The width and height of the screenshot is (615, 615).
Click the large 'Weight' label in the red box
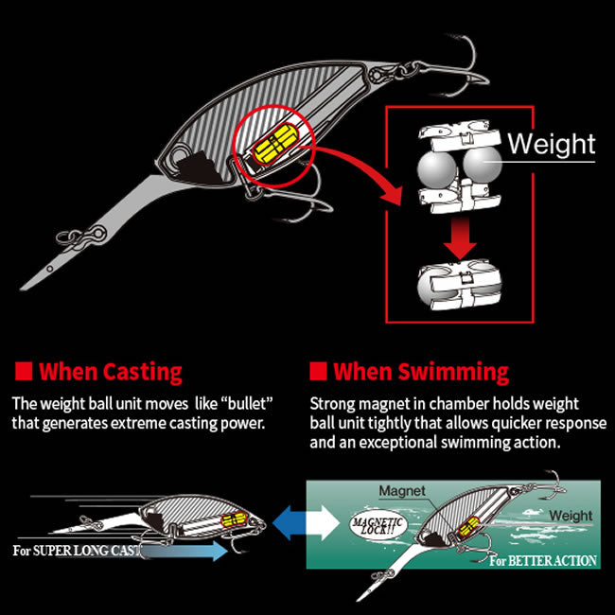point(552,145)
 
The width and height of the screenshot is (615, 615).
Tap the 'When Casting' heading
point(111,372)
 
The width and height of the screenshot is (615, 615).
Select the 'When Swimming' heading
point(421,372)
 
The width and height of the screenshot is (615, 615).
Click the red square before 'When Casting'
point(24,371)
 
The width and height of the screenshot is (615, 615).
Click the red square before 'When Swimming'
point(318,371)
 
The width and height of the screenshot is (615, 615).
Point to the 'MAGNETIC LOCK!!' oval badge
point(378,526)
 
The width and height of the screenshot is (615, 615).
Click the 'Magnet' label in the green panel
point(402,491)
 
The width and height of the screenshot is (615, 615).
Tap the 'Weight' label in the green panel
point(571,516)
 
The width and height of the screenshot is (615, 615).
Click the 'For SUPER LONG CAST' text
point(77,551)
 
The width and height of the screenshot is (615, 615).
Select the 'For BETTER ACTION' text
point(543,561)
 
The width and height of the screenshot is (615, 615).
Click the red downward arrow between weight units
point(460,237)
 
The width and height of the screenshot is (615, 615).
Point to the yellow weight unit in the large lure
point(275,145)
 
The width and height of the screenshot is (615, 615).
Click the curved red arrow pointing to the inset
point(365,165)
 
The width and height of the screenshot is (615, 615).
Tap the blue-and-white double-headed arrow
point(306,523)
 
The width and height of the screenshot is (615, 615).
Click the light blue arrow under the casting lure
point(184,551)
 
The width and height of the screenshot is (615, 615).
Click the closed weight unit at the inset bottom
point(459,284)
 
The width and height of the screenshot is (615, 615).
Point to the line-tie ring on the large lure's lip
point(63,237)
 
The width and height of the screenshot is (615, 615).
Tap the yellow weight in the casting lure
point(234,519)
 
